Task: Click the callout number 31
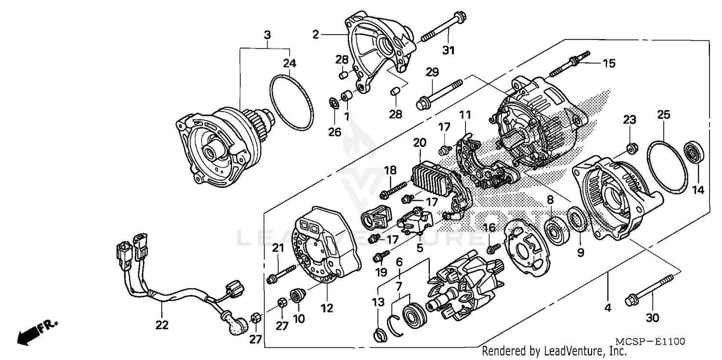point(448,50)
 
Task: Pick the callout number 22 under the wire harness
point(162,325)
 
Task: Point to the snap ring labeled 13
point(380,334)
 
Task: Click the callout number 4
point(607,307)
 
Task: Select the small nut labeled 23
point(631,146)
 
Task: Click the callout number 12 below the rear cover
point(327,308)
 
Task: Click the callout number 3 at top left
point(267,35)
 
